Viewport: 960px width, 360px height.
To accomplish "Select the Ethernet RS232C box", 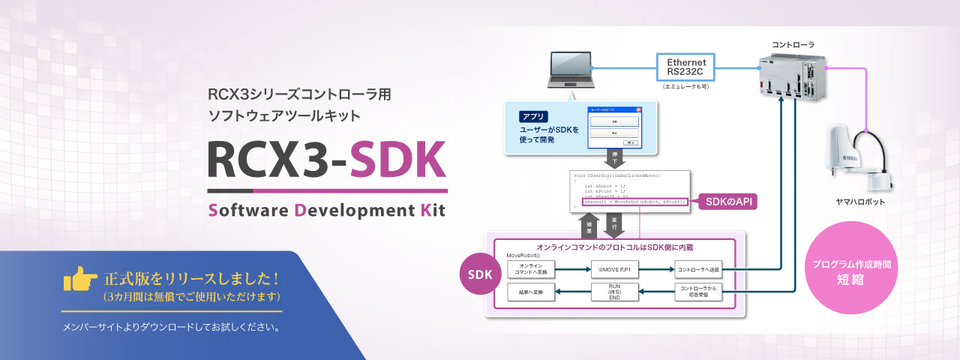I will click(x=686, y=66).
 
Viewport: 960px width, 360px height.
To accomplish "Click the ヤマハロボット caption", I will click(x=860, y=202).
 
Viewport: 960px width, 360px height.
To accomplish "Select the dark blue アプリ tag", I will click(x=534, y=117).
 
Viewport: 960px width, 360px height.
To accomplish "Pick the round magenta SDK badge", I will click(x=480, y=274).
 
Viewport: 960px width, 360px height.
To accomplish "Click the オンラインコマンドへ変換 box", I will click(x=531, y=268).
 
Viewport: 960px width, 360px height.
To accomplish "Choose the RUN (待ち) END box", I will click(x=614, y=292).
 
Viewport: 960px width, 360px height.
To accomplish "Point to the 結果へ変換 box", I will click(x=531, y=292).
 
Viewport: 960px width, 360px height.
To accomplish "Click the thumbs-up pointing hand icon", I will click(x=81, y=280).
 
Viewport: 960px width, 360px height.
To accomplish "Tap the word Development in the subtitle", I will click(x=349, y=209).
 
